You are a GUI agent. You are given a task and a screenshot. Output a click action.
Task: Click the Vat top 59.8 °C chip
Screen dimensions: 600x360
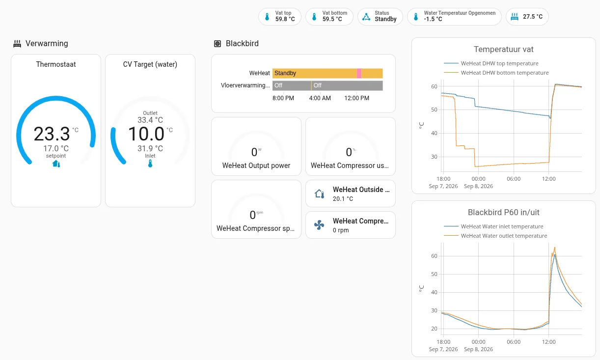(280, 17)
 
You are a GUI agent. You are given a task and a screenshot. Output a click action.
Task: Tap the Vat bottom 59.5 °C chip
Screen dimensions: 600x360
(329, 17)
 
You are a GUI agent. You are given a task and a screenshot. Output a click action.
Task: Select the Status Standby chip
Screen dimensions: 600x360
(380, 17)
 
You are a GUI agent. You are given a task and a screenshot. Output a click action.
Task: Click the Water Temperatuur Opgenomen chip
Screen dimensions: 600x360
(454, 17)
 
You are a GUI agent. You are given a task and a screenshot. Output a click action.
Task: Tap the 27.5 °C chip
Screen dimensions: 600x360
(527, 17)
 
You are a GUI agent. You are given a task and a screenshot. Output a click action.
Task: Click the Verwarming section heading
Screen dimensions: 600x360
(47, 43)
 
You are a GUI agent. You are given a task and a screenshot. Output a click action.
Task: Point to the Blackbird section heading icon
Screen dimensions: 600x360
(218, 44)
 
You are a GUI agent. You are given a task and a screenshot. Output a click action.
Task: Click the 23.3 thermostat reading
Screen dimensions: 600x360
(52, 134)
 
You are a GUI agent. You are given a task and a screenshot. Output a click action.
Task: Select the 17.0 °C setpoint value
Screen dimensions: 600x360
(56, 148)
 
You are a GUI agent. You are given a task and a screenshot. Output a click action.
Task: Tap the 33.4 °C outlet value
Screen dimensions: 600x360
(150, 120)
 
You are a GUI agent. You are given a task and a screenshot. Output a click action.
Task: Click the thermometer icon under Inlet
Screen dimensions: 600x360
(150, 164)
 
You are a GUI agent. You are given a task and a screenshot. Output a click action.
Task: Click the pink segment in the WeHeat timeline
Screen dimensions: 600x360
(359, 73)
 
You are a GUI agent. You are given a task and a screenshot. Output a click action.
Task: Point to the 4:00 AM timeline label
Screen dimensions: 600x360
(320, 98)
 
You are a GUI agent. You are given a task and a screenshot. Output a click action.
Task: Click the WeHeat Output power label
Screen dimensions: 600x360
(256, 166)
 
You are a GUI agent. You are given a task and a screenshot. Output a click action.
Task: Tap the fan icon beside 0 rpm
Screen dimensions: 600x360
(319, 225)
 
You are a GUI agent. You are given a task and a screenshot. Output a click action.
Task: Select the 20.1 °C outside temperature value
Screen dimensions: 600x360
(343, 199)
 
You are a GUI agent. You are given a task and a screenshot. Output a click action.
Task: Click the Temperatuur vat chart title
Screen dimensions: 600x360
(504, 49)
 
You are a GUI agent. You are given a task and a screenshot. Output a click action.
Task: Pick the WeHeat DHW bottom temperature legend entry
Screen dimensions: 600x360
(496, 73)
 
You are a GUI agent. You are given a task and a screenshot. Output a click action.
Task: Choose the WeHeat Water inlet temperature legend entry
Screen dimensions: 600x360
(493, 226)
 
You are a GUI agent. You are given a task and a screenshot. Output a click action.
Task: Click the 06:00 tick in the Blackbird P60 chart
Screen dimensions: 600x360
(514, 342)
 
